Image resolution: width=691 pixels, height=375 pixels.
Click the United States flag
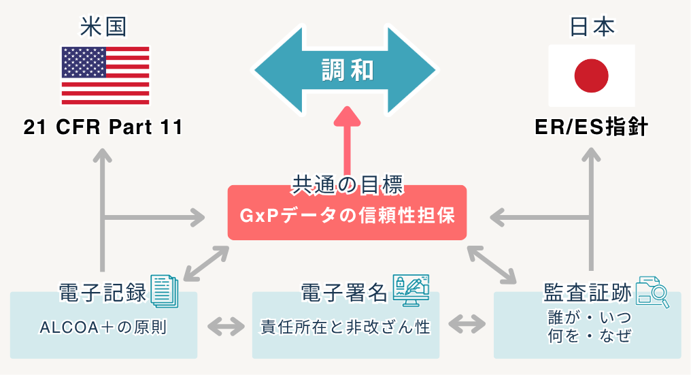(x=105, y=75)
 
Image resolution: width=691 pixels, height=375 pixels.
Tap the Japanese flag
(x=591, y=75)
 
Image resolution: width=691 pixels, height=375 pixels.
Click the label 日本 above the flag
(x=591, y=27)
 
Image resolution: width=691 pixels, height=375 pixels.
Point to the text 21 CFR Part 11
(x=103, y=127)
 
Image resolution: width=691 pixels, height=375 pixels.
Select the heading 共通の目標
(x=348, y=184)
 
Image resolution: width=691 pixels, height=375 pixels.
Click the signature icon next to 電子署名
(x=411, y=290)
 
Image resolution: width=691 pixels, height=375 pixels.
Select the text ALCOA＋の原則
(x=103, y=327)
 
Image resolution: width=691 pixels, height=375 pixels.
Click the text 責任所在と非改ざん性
(x=345, y=327)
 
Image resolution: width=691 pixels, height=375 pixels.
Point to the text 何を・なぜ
(x=590, y=336)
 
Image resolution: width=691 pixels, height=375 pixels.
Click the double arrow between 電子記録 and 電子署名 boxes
(x=225, y=326)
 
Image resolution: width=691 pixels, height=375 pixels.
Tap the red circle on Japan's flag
(x=591, y=75)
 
